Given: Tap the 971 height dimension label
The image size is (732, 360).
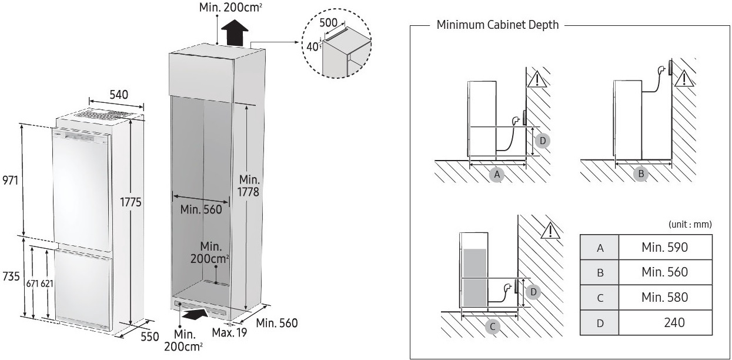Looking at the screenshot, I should [10, 180].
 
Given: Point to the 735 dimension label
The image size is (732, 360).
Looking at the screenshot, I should [10, 277].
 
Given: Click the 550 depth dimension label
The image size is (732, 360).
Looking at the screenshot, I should [150, 336].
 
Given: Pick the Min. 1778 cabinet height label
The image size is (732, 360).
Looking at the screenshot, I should [249, 185].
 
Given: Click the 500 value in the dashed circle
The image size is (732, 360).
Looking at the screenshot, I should [328, 22].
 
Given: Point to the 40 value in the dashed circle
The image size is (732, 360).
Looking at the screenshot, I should [311, 46].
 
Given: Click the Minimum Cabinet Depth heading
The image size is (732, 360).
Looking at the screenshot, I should [497, 25].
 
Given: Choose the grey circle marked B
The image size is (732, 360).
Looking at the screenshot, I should [640, 174].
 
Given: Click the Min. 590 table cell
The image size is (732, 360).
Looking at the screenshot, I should [664, 248].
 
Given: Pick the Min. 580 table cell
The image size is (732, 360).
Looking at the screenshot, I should [664, 297].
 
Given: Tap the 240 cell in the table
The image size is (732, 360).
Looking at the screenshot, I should [673, 322].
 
